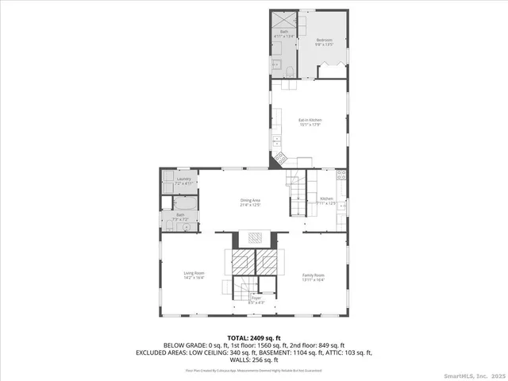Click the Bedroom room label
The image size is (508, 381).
pos(324,40)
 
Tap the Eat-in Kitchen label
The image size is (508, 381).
pos(308,120)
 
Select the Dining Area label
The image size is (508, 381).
pos(251,200)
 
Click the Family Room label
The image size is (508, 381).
pos(314,274)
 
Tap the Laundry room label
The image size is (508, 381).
pos(174,180)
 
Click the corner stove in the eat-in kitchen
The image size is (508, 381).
pos(280,160)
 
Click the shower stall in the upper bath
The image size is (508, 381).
pos(283,21)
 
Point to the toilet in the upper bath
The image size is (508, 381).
pos(291,72)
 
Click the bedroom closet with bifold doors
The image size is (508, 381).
pos(331,72)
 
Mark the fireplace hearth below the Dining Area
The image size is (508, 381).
pos(253,237)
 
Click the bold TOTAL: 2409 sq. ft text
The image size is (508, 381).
pos(253,338)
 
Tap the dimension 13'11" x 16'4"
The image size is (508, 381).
pos(314,279)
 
